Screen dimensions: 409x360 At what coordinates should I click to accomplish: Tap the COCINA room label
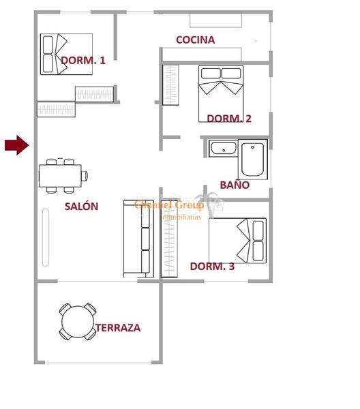point(195,40)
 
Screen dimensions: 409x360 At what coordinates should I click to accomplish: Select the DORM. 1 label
point(83,61)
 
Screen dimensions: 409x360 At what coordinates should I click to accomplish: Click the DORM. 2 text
point(229,119)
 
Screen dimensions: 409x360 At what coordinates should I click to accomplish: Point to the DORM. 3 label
point(212,267)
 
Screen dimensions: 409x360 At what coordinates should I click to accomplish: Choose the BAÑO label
point(235,185)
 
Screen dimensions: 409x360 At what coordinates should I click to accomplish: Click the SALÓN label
point(81,207)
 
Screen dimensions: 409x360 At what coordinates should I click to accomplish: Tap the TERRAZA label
point(118,328)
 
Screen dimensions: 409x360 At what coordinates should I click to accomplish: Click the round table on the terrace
point(77,321)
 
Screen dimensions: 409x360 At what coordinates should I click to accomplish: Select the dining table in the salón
point(63,175)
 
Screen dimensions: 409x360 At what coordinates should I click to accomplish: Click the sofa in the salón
point(136,239)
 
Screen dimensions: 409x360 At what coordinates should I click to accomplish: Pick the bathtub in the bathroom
point(253,159)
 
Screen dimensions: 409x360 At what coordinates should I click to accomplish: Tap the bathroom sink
point(222,148)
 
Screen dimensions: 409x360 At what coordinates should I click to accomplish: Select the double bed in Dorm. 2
point(221,93)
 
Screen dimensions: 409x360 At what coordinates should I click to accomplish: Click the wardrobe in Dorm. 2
point(170,85)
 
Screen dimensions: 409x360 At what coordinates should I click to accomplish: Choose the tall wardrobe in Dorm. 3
point(168,243)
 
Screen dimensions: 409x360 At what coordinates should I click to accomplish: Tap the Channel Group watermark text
point(169,205)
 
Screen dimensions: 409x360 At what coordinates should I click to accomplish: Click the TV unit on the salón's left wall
point(46,237)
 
